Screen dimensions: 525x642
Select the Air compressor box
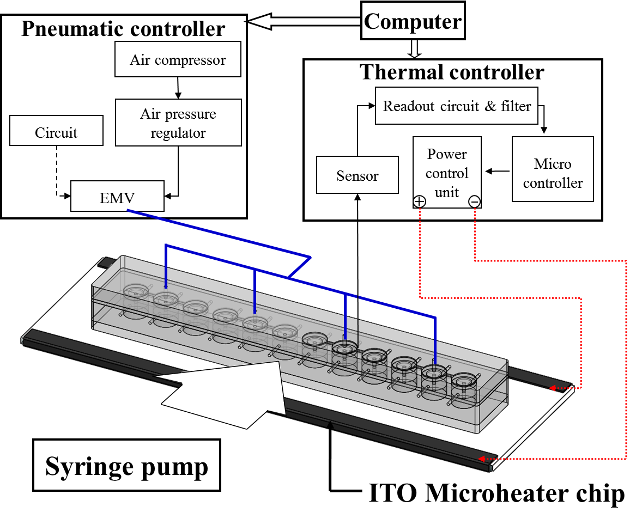click(178, 60)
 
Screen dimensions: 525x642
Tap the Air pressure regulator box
click(178, 123)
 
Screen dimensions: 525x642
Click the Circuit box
click(56, 133)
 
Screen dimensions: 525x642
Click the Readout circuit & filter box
click(457, 106)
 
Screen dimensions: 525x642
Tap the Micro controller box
click(553, 173)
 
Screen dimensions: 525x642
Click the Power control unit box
click(447, 173)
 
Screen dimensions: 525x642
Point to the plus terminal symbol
click(419, 202)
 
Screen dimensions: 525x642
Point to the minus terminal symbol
click(474, 202)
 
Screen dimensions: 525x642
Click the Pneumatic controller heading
click(123, 29)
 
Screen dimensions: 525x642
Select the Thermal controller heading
click(452, 72)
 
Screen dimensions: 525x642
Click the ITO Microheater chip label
click(496, 494)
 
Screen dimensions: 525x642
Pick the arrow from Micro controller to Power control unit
click(497, 171)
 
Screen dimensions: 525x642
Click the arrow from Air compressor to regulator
click(178, 88)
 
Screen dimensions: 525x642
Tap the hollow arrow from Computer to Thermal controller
click(414, 50)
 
